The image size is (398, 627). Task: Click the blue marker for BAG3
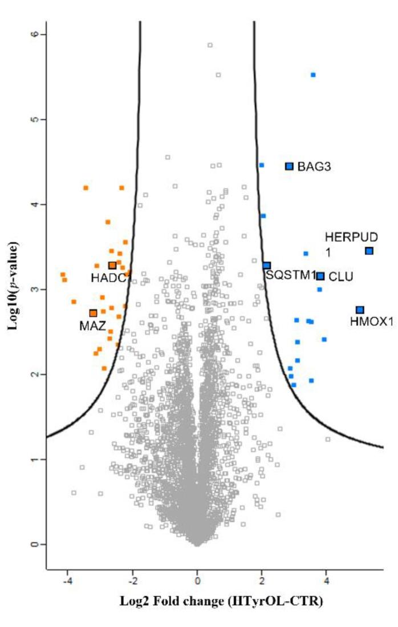[289, 166]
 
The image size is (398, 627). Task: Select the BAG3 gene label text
[314, 167]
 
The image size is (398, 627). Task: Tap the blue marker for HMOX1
[360, 310]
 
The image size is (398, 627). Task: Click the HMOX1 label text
[372, 322]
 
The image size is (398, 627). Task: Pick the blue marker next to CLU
[320, 276]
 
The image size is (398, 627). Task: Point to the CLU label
[341, 277]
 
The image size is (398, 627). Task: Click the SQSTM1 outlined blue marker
[267, 266]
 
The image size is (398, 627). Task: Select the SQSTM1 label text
[291, 275]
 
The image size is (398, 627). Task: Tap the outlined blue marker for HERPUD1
[369, 251]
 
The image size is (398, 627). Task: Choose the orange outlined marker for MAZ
[93, 313]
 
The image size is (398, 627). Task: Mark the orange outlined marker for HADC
[112, 266]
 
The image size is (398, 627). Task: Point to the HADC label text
[107, 277]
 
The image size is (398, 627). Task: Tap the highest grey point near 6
[210, 45]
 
